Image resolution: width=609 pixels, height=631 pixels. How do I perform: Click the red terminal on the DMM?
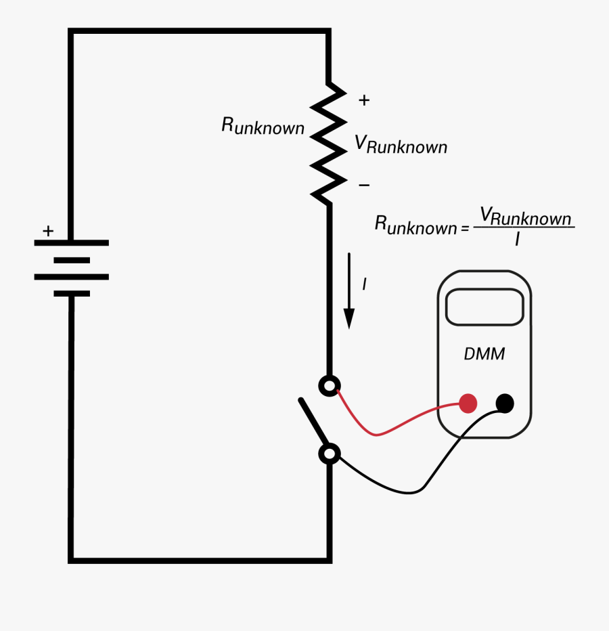[x=468, y=404]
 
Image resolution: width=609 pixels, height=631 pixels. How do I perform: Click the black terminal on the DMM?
[x=505, y=404]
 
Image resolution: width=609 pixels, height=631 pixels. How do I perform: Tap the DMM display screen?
[x=484, y=307]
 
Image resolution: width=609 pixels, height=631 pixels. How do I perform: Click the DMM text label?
[x=484, y=354]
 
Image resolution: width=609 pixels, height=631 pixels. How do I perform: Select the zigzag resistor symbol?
[x=329, y=142]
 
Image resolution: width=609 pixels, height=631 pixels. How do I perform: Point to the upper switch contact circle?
[x=329, y=386]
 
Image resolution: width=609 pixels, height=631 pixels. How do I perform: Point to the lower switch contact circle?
[x=329, y=454]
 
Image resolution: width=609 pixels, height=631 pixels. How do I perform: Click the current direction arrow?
[x=349, y=291]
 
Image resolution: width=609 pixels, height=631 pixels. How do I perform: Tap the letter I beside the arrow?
[x=364, y=284]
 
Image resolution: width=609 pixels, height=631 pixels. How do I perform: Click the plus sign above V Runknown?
[x=364, y=100]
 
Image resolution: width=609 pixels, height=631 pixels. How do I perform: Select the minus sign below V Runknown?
[x=364, y=185]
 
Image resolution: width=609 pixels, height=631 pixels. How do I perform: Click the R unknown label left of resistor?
[x=263, y=126]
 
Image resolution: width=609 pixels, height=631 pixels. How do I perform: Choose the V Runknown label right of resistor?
[x=401, y=144]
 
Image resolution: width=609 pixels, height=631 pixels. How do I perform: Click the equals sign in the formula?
[x=465, y=228]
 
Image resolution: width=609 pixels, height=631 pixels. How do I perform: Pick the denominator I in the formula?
[x=517, y=239]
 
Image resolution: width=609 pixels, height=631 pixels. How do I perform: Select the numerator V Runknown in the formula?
[x=525, y=217]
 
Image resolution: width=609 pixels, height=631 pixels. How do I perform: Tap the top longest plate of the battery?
[x=71, y=242]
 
